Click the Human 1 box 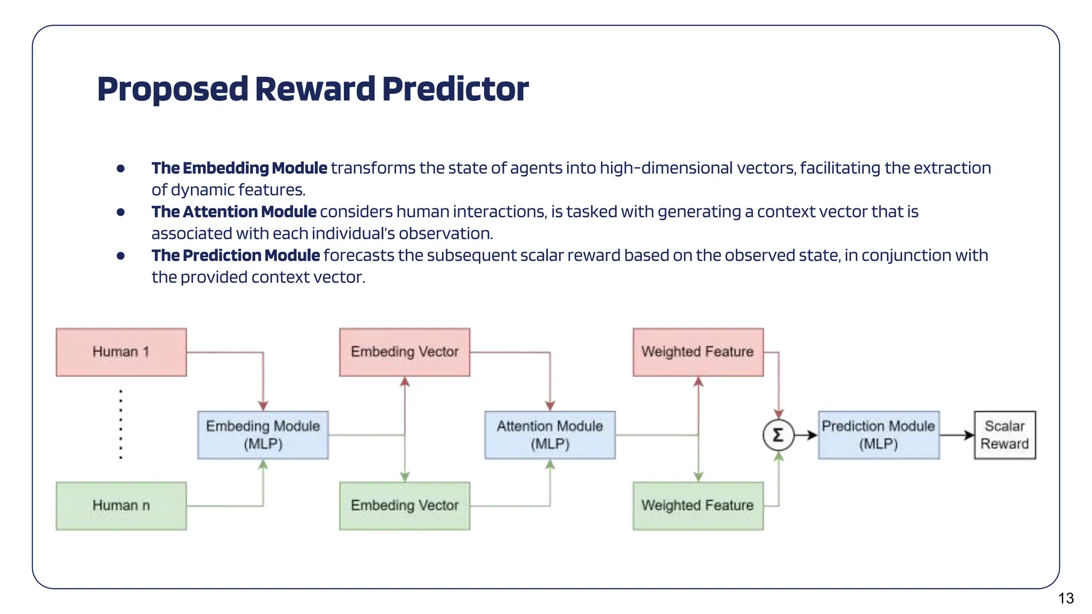point(121,352)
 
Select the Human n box point(121,506)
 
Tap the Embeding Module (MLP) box point(263,435)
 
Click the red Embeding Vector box point(405,352)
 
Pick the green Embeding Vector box point(405,506)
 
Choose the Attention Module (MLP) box point(550,435)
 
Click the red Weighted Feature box point(698,352)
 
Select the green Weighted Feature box point(698,506)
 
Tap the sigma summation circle point(778,435)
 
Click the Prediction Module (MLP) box point(879,435)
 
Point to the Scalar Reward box point(1005,435)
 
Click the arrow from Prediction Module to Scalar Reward point(957,435)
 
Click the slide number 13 point(1066,599)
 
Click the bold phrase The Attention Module point(234,212)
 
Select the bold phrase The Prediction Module point(235,255)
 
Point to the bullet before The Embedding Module point(121,168)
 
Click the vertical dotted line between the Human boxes point(121,424)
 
